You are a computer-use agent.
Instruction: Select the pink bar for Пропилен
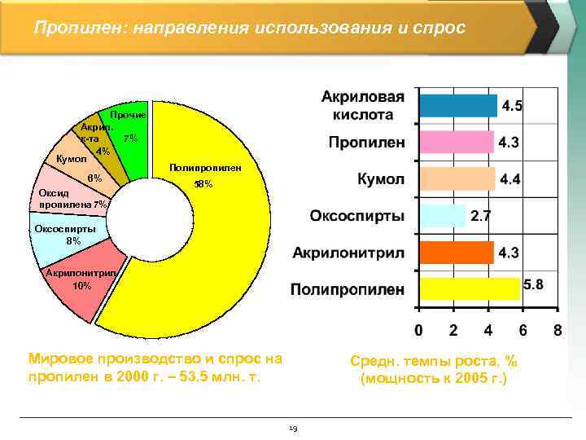click(455, 143)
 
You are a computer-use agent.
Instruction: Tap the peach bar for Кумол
click(456, 178)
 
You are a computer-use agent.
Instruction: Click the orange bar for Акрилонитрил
click(455, 253)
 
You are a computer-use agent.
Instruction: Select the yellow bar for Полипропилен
click(468, 288)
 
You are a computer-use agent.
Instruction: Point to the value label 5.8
click(534, 284)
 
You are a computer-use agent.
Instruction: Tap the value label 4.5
click(512, 106)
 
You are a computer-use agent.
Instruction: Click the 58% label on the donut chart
click(203, 185)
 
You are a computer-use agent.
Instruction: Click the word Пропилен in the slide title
click(68, 29)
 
